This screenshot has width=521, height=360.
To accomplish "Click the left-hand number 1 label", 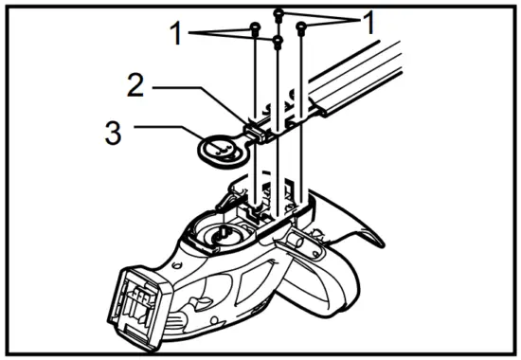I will pyautogui.click(x=175, y=35).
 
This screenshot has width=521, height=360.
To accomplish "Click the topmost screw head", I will pyautogui.click(x=278, y=12).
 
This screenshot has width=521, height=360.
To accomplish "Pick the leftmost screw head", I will pyautogui.click(x=255, y=28).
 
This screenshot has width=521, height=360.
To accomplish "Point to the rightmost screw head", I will pyautogui.click(x=300, y=28).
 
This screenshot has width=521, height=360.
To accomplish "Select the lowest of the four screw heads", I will pyautogui.click(x=278, y=42).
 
